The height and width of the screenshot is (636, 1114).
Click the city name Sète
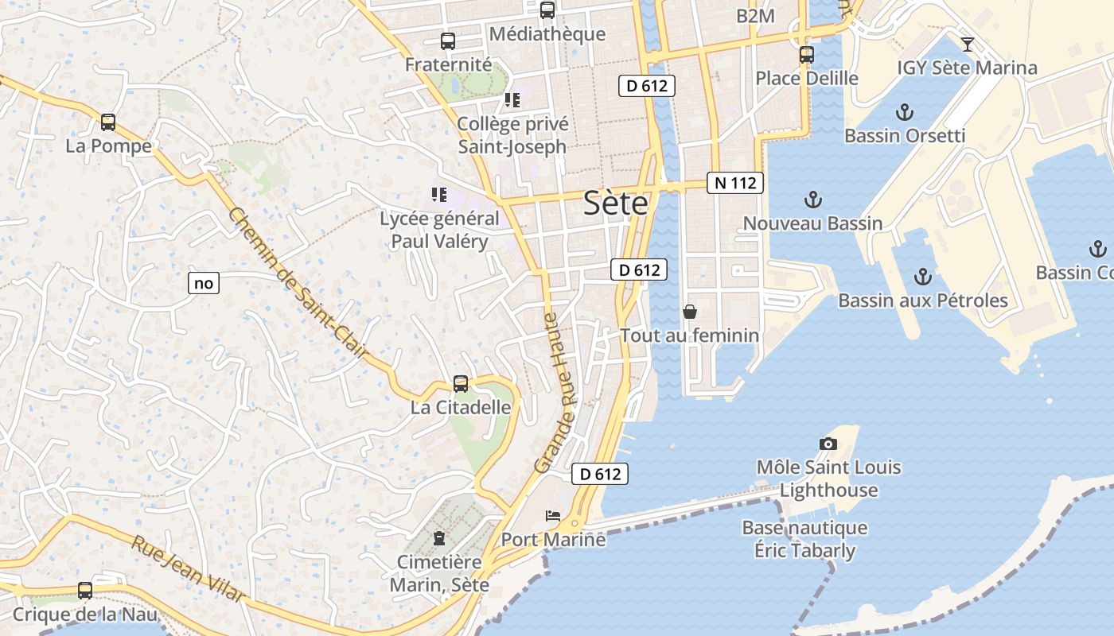click(615, 204)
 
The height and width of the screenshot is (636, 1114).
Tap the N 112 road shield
click(735, 183)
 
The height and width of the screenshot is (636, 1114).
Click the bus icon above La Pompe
click(108, 122)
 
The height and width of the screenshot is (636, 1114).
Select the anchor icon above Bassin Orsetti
click(905, 112)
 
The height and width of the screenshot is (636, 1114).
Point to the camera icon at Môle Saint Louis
click(828, 444)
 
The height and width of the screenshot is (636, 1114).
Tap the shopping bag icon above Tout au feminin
click(689, 312)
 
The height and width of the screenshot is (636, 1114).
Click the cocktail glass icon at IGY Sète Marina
click(968, 44)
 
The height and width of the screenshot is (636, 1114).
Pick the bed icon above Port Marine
click(553, 516)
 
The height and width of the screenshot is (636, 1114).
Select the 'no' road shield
click(204, 282)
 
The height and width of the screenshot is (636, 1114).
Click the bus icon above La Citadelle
click(461, 384)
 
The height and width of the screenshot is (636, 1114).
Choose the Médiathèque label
click(547, 34)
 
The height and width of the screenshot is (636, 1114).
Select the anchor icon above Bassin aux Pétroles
click(923, 277)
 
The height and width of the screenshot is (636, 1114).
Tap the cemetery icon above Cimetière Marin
click(438, 539)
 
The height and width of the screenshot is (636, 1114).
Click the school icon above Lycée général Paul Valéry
click(438, 194)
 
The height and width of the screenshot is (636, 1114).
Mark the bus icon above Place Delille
click(807, 55)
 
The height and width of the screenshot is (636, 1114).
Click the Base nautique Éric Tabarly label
click(804, 539)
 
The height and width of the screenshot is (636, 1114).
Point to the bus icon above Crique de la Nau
click(85, 591)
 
